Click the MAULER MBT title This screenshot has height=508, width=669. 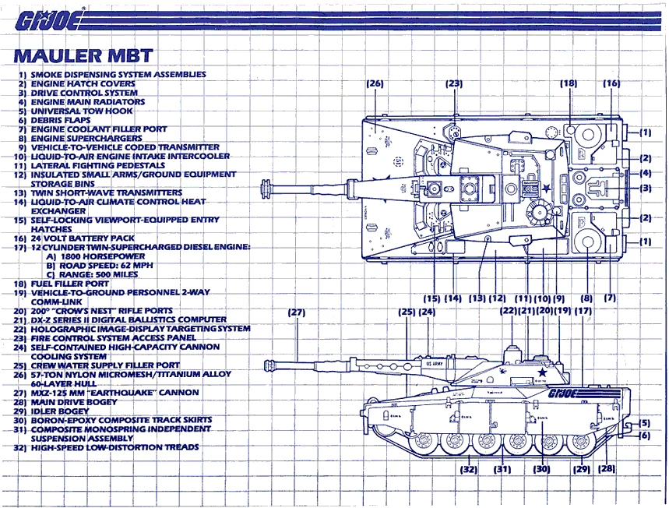[83, 56]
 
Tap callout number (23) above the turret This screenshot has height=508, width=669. [454, 83]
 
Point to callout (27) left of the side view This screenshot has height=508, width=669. [296, 312]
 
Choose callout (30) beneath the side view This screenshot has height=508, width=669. [541, 469]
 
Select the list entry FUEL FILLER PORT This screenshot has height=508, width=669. [75, 283]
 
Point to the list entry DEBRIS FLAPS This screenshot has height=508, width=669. [62, 119]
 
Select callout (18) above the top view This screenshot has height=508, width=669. [569, 83]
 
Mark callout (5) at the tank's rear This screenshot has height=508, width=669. [644, 423]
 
